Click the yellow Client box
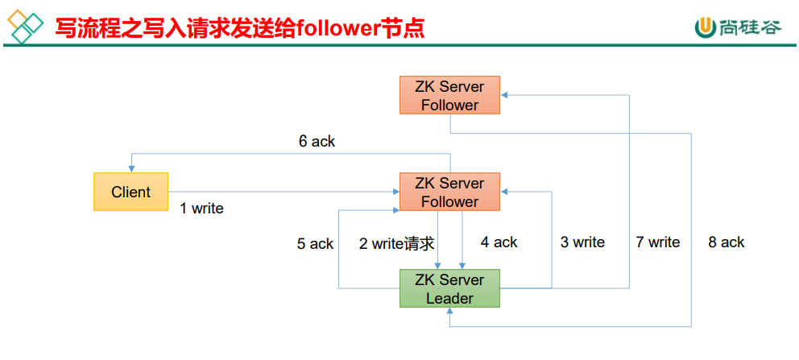tap(130, 192)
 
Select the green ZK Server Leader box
tap(449, 288)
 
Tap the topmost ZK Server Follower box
tap(449, 95)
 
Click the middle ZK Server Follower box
tap(449, 192)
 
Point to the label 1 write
tap(201, 209)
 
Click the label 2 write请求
tap(396, 243)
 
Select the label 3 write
tap(582, 242)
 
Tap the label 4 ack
tap(499, 242)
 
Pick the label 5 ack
tap(315, 243)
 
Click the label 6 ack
tap(317, 142)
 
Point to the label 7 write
tap(657, 242)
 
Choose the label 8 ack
tap(727, 242)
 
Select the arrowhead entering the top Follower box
tap(505, 95)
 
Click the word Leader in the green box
tap(449, 298)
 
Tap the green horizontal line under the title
tap(399, 46)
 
